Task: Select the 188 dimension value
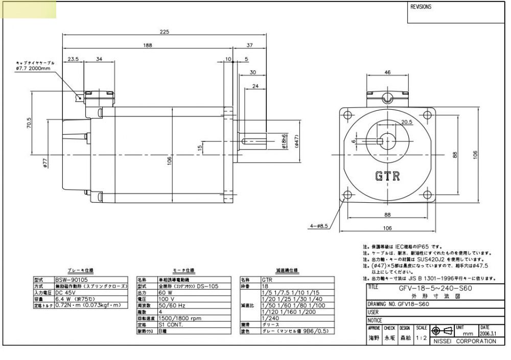(147, 45)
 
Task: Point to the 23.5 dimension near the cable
(73, 59)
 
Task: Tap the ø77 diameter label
(44, 163)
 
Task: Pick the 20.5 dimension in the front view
(407, 122)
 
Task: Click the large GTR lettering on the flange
(387, 177)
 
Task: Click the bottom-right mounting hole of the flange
(428, 194)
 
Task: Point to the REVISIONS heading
(421, 7)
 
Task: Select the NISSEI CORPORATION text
(464, 341)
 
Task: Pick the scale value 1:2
(421, 338)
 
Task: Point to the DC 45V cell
(66, 293)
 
